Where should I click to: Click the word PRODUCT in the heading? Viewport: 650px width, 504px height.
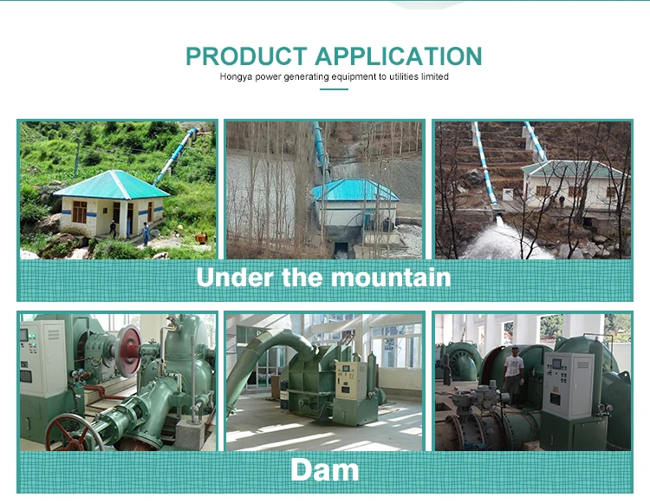246,56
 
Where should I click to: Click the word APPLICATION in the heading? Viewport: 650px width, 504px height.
399,56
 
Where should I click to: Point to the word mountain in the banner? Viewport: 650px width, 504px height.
391,277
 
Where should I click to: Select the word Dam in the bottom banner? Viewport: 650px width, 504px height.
325,470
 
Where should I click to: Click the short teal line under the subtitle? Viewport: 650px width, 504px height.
334,89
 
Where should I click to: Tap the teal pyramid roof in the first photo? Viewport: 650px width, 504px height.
112,185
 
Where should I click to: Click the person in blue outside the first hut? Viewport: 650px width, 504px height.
146,233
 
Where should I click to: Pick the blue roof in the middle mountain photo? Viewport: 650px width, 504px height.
354,190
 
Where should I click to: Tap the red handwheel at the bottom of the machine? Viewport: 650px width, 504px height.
73,434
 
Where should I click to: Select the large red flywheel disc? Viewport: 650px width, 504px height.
128,350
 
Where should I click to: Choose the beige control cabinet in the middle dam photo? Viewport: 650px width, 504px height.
350,380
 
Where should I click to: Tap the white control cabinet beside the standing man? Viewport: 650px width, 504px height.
569,386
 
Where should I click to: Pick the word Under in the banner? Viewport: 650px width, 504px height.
235,277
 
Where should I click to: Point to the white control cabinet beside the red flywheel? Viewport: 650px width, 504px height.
43,358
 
